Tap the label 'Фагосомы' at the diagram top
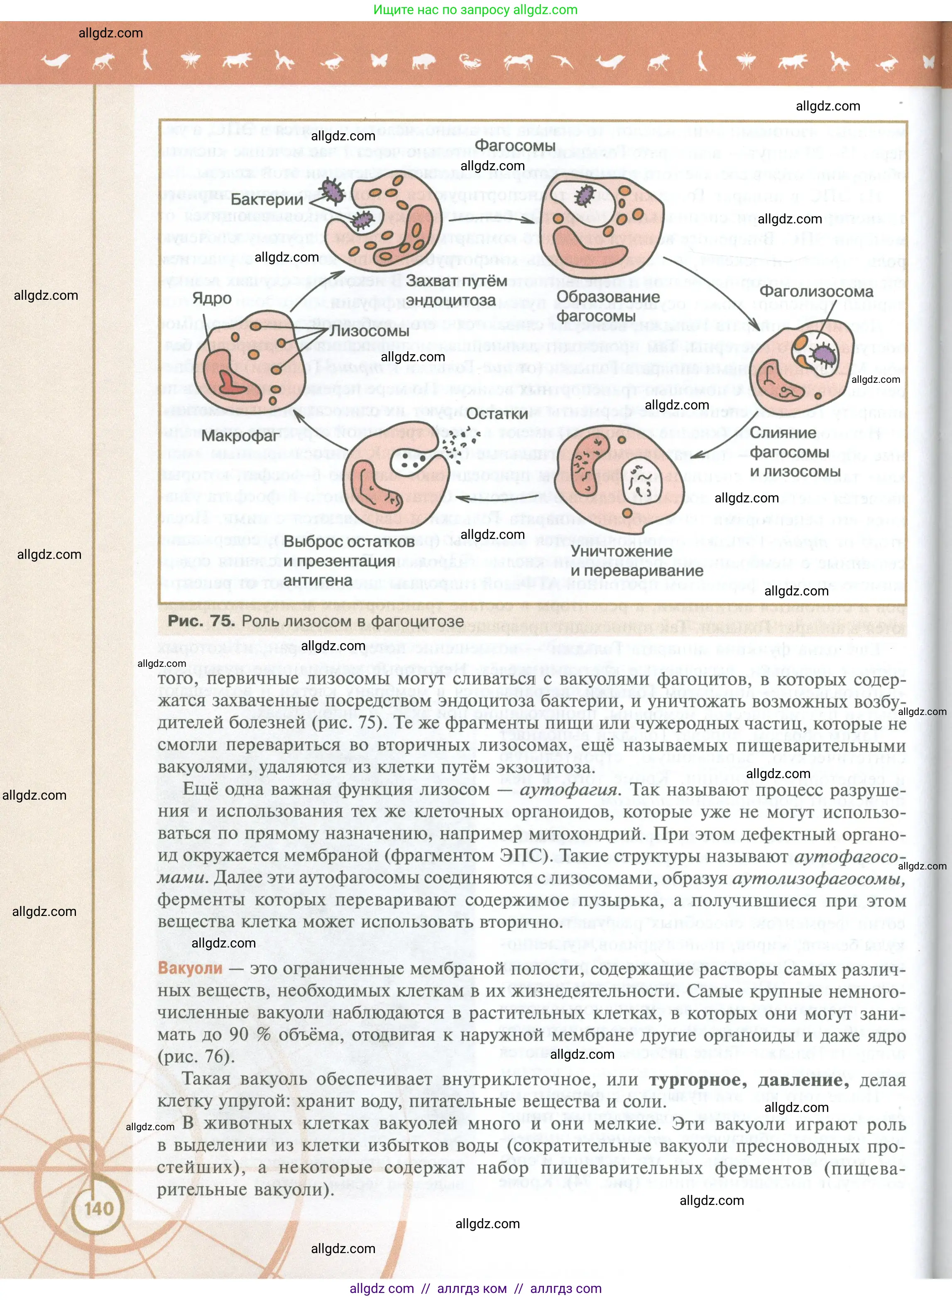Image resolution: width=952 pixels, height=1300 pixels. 514,146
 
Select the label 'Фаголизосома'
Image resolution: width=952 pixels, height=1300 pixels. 815,291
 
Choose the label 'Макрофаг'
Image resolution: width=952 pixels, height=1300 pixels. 240,436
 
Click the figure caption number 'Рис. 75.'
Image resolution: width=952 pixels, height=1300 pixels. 201,621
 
